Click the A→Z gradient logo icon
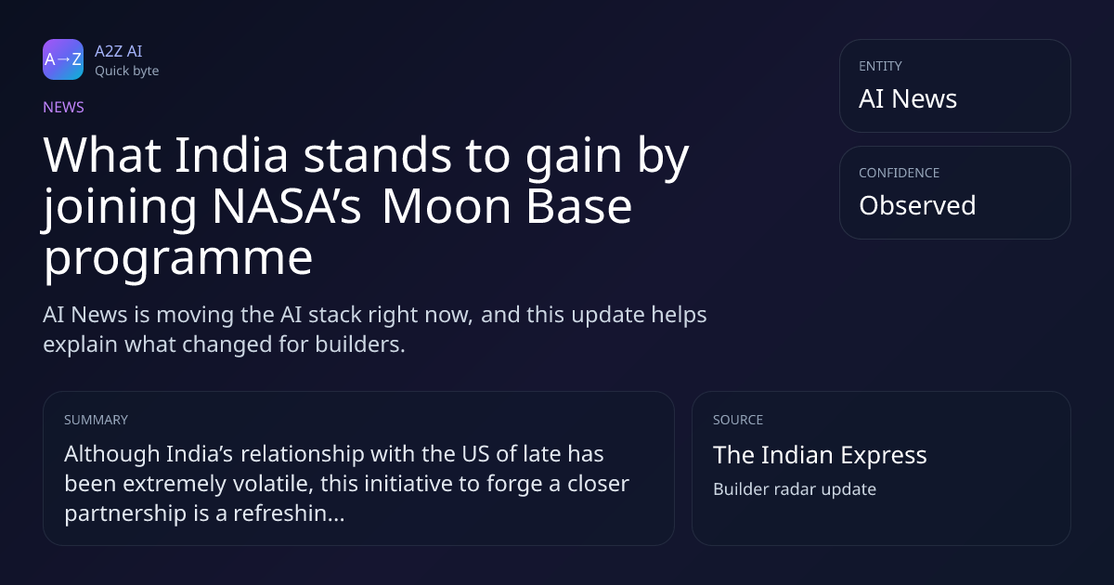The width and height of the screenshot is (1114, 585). click(63, 59)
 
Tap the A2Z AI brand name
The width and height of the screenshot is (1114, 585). click(119, 51)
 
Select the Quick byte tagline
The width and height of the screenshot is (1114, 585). click(127, 71)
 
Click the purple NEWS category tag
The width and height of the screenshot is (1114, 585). click(63, 107)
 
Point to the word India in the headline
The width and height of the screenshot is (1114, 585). click(232, 155)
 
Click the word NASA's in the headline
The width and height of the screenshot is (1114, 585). click(287, 206)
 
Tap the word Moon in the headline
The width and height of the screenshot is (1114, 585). click(447, 206)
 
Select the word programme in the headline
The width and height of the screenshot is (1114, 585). click(178, 259)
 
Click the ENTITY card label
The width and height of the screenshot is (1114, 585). click(880, 66)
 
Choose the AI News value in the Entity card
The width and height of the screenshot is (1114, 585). click(908, 98)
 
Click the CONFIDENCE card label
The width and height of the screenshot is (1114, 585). click(900, 173)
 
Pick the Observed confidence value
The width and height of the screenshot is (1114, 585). click(917, 205)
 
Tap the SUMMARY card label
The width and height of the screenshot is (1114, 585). click(96, 420)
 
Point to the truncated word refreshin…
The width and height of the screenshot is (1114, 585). click(289, 513)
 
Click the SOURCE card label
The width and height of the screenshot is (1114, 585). click(738, 420)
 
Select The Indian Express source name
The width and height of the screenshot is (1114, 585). click(820, 455)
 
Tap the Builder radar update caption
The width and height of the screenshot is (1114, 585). click(795, 489)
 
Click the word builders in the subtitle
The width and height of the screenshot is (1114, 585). click(360, 344)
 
